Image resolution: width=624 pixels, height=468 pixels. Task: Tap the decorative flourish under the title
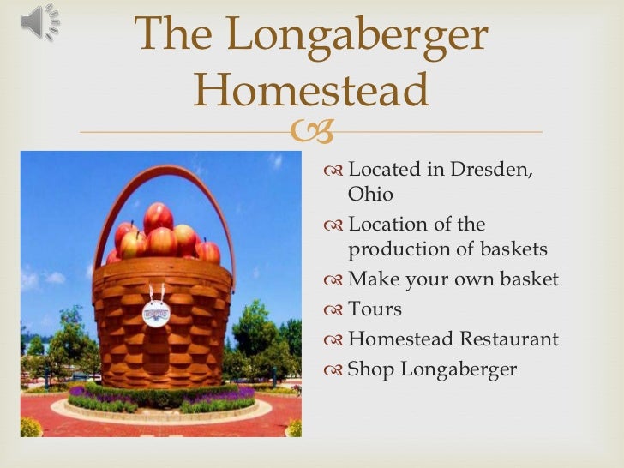(x=311, y=131)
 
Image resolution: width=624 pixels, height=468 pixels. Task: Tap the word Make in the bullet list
(x=370, y=279)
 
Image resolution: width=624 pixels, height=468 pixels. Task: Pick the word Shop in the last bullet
(x=369, y=369)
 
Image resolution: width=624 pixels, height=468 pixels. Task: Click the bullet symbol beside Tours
(x=333, y=309)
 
